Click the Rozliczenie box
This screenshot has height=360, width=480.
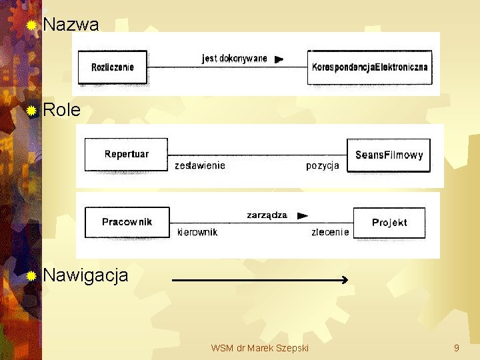113,67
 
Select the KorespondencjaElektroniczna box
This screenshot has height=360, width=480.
370,67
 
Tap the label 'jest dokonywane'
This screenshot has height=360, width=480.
234,58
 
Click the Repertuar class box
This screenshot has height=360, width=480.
126,154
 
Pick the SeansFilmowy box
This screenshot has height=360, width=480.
389,155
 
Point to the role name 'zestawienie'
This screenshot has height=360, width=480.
200,165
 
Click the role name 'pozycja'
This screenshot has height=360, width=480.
323,165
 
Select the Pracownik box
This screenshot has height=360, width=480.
127,222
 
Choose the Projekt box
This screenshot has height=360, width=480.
389,223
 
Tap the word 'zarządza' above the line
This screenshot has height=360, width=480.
267,215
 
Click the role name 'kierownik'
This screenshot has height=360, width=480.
197,232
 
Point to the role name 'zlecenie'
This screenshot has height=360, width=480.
330,232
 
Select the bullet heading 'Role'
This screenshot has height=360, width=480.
61,110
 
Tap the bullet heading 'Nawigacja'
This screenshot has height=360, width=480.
85,275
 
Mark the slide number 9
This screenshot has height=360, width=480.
456,348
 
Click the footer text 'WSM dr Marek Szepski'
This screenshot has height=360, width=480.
259,348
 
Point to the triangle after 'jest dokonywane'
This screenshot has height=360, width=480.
279,59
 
